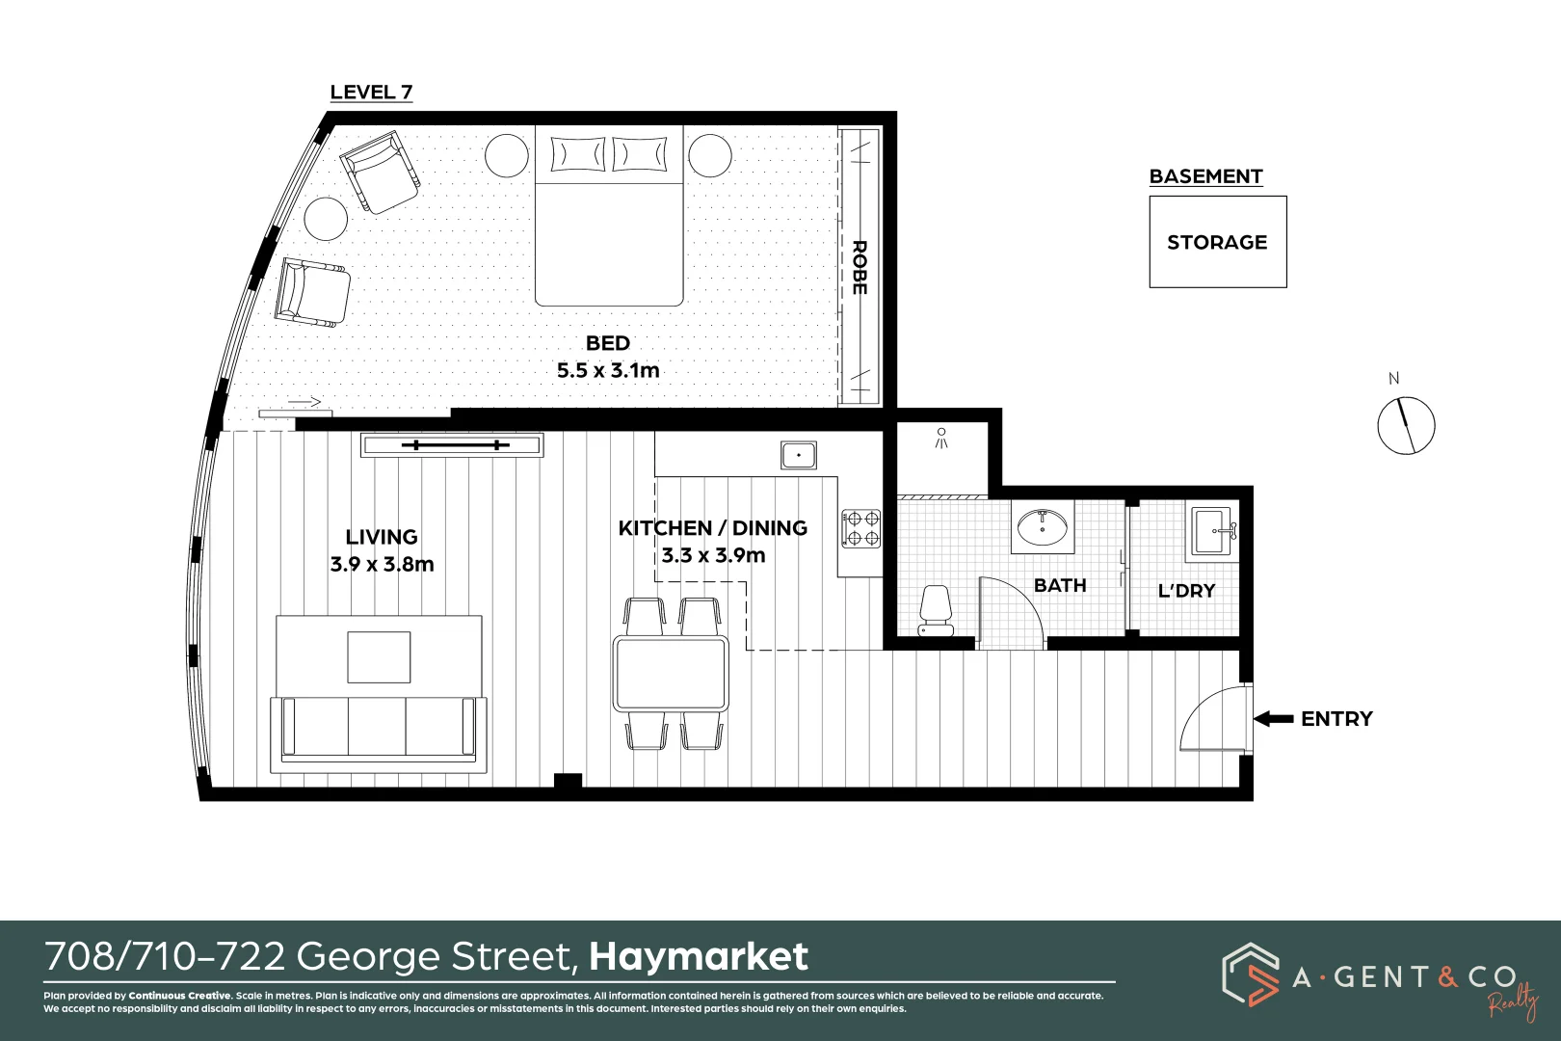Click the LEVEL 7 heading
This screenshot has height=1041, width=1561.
[371, 93]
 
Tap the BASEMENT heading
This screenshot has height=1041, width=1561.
[1205, 176]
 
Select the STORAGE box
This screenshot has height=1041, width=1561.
[1217, 242]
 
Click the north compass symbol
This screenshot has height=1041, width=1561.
[1406, 425]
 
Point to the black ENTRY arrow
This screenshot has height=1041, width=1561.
[1274, 719]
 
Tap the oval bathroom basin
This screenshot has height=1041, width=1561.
[1042, 527]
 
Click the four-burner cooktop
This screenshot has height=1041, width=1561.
[860, 529]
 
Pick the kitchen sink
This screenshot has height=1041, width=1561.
[799, 455]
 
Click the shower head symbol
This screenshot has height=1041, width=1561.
[941, 438]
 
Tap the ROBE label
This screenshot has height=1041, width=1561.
[860, 268]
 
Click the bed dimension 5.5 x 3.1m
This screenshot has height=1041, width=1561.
[608, 370]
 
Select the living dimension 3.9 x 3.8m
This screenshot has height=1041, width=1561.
[382, 564]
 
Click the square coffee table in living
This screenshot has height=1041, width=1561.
[379, 657]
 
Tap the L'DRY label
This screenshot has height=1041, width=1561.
[1186, 591]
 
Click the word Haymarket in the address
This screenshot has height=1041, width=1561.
[699, 956]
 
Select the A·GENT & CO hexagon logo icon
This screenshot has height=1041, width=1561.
[1250, 974]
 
